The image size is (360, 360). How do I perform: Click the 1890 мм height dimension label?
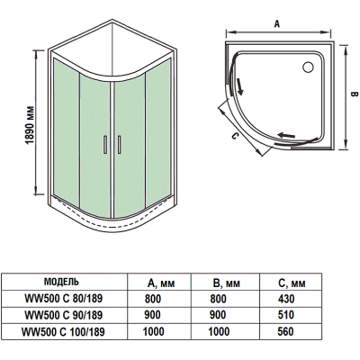(x=30, y=124)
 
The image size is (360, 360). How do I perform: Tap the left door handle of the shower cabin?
(x=105, y=145)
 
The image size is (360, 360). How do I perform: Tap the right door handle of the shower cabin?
(x=119, y=145)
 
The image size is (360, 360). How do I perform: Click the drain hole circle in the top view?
(x=308, y=67)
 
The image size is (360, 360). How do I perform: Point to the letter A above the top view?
(x=277, y=23)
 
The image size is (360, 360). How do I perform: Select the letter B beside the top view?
(x=354, y=94)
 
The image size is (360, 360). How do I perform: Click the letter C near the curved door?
(x=235, y=136)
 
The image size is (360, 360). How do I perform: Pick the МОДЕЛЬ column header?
(x=61, y=282)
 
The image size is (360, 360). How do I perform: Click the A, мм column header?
(x=161, y=283)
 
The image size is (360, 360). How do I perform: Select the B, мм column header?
(x=227, y=283)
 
